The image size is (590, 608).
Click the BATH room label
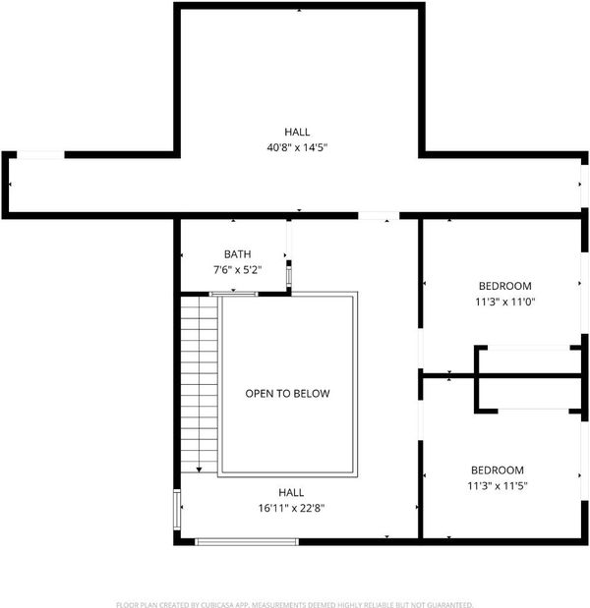(x=237, y=254)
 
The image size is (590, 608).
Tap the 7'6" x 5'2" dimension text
(x=238, y=269)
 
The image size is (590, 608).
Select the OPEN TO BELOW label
(x=287, y=394)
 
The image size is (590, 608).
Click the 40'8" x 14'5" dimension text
(x=297, y=147)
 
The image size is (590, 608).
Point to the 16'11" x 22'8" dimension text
(x=291, y=508)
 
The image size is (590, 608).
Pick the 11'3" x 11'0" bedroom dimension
(x=505, y=302)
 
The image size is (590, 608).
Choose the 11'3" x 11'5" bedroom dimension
(x=498, y=486)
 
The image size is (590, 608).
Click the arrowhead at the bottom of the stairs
(x=199, y=470)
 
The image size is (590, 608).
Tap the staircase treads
(x=199, y=385)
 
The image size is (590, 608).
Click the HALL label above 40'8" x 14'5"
(x=297, y=132)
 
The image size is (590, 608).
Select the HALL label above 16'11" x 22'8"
(x=291, y=492)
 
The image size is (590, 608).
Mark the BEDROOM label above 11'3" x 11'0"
(x=505, y=286)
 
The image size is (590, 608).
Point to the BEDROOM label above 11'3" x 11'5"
(x=498, y=470)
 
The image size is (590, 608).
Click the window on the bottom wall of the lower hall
(x=247, y=541)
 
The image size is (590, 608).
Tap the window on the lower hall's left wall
(x=177, y=510)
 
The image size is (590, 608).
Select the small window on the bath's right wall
(x=289, y=276)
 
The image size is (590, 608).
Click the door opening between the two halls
(x=379, y=215)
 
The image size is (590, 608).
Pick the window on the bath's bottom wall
(x=233, y=294)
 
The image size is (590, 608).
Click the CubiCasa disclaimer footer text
(x=295, y=604)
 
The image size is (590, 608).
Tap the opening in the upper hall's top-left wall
(x=40, y=155)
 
